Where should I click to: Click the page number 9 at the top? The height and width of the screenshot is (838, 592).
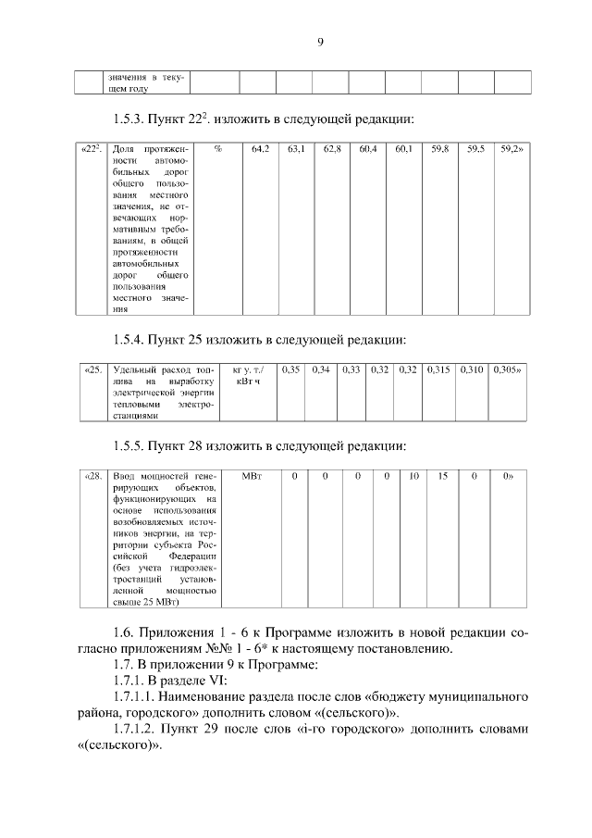[x=319, y=41]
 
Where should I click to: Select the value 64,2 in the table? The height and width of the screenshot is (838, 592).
[x=260, y=148]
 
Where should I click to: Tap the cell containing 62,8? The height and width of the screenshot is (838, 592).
[x=332, y=148]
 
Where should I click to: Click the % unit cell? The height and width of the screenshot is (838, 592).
[x=217, y=148]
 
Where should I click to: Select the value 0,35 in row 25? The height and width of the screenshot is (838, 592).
[x=290, y=369]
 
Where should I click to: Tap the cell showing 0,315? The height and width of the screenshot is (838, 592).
[x=439, y=369]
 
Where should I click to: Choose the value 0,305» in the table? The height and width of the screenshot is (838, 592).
[x=506, y=369]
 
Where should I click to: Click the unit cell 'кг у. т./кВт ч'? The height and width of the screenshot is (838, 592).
[x=248, y=375]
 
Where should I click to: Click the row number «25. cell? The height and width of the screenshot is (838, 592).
[x=92, y=369]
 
